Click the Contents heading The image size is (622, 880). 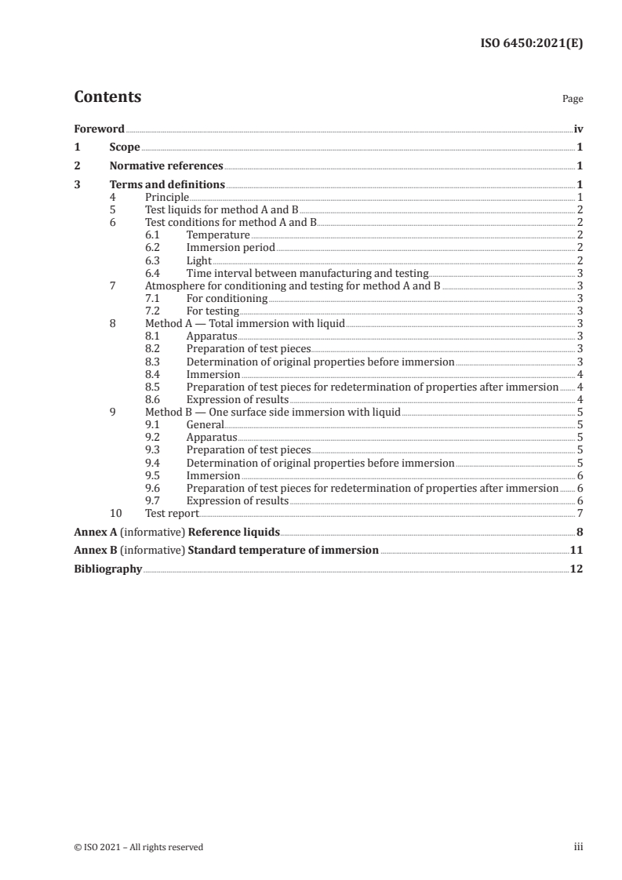[107, 97]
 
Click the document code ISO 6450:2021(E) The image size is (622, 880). [531, 44]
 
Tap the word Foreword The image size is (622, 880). [99, 129]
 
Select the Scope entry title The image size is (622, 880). [125, 147]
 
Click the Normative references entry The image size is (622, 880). [166, 165]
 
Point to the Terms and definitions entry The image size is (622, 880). [167, 185]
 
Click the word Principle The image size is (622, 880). [167, 198]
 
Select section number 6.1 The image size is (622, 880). [153, 235]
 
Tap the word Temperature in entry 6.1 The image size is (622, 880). [218, 235]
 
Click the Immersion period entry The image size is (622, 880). [231, 248]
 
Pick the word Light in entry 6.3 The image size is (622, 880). [199, 260]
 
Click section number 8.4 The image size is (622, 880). [153, 375]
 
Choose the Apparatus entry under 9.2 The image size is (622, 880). [212, 438]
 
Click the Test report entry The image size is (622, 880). [172, 514]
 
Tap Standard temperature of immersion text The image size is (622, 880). [283, 550]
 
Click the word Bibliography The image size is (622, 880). [107, 569]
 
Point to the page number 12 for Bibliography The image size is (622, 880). [577, 569]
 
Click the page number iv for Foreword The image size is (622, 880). [578, 129]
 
